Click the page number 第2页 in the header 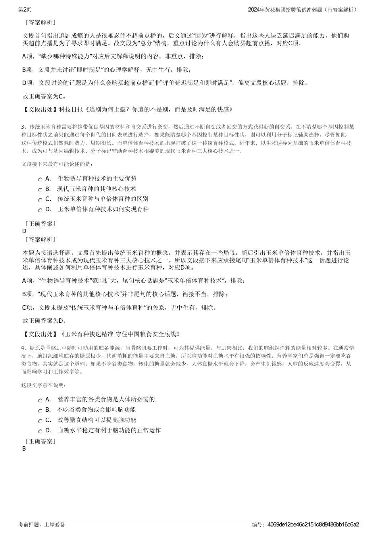click(25, 9)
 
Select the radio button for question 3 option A click(40, 180)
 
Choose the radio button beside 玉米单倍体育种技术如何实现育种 click(40, 210)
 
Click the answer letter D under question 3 click(24, 231)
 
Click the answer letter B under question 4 click(24, 449)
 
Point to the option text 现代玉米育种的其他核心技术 click(96, 189)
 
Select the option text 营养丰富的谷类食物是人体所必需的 click(106, 399)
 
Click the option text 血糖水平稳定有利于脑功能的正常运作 click(109, 430)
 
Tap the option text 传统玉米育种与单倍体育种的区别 click(103, 199)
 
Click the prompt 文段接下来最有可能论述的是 click(57, 164)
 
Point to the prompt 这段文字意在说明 click(44, 385)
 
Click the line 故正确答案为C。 click(44, 96)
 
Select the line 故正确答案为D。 click(44, 320)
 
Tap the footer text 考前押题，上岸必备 click(42, 524)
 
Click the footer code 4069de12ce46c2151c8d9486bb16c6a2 click(313, 524)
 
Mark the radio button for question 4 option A click(40, 401)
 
